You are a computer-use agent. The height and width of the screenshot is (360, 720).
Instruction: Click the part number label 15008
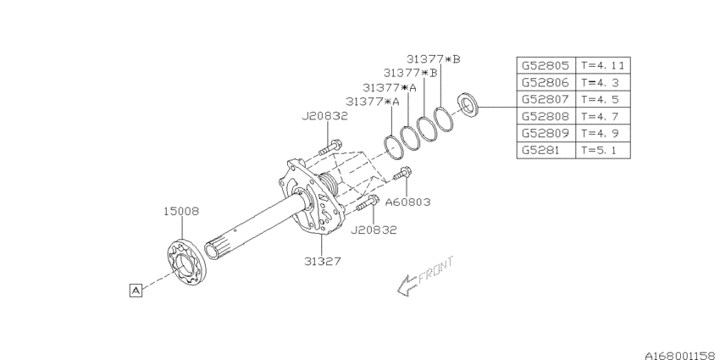click(x=181, y=212)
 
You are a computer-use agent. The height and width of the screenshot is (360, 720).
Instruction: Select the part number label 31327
click(x=323, y=262)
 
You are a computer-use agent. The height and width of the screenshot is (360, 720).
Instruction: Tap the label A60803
click(x=408, y=202)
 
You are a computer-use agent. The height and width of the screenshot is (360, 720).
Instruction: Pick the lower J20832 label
click(x=373, y=229)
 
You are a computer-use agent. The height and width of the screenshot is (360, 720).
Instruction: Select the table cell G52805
click(x=546, y=64)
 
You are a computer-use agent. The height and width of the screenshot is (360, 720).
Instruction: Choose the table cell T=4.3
click(x=601, y=81)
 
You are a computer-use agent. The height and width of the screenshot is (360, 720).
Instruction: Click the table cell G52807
click(x=546, y=98)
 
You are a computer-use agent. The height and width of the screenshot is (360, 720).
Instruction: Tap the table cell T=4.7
click(x=601, y=115)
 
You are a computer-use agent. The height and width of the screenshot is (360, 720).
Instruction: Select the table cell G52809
click(x=546, y=132)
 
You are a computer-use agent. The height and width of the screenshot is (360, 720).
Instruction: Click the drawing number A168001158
click(x=668, y=349)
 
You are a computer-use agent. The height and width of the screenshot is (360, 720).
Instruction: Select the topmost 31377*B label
click(x=433, y=58)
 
